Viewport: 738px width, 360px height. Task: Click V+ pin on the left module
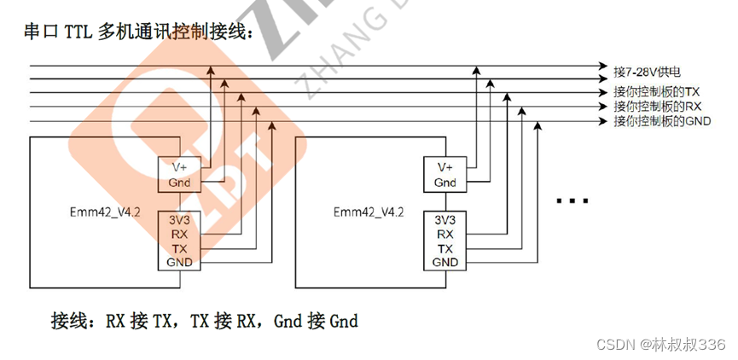click(x=180, y=167)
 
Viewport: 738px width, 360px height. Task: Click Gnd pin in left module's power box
click(x=180, y=183)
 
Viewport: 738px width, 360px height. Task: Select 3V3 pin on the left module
click(x=179, y=218)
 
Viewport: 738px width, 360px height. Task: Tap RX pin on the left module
click(x=179, y=233)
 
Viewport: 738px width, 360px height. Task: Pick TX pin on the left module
click(x=179, y=247)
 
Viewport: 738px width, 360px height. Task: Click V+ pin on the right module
click(x=445, y=167)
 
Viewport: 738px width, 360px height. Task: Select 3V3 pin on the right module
click(x=445, y=218)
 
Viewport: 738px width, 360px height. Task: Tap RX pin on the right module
click(x=445, y=233)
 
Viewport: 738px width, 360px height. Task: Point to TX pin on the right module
click(x=445, y=247)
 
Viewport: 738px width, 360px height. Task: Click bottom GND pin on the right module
click(x=445, y=262)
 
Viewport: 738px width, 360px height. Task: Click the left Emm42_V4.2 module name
click(x=103, y=212)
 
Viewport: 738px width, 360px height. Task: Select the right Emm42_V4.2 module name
click(x=369, y=212)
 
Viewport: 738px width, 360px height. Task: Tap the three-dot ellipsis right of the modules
click(x=572, y=201)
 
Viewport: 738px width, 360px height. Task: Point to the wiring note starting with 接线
click(x=205, y=322)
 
